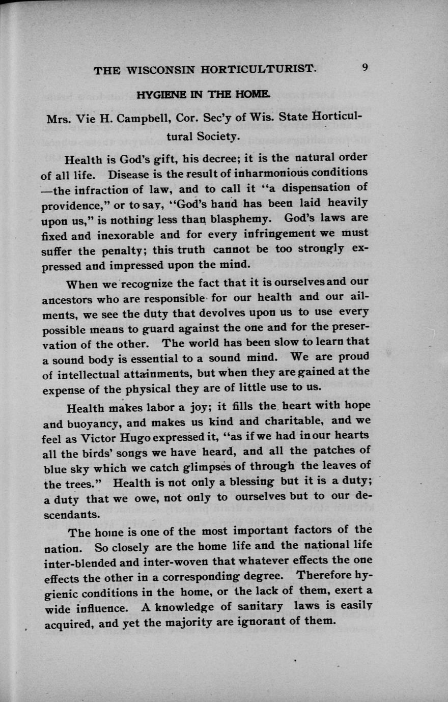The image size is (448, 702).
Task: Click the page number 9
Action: coord(366,68)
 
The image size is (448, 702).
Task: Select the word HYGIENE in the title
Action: coord(155,95)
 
